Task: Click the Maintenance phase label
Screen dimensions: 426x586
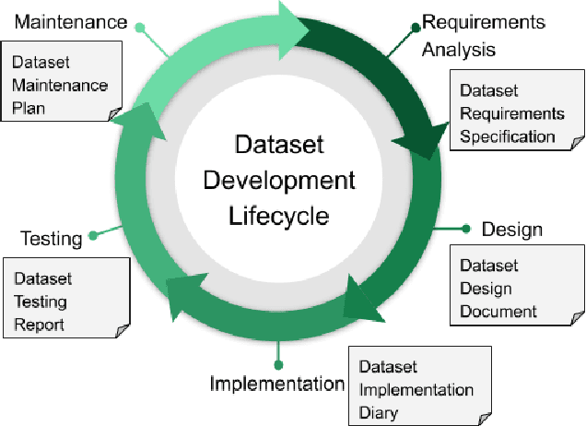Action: point(71,21)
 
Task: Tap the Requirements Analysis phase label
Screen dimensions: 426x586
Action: point(483,35)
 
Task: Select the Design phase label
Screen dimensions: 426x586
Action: point(511,229)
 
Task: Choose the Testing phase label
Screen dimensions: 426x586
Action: point(52,240)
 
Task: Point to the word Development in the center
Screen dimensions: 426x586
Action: point(280,181)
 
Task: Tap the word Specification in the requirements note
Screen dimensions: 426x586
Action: point(508,137)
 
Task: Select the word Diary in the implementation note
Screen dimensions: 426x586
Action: point(379,412)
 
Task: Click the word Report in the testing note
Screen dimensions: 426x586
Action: point(40,324)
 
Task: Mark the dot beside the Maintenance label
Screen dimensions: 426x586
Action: point(140,28)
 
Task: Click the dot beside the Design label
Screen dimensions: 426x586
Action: point(465,229)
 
